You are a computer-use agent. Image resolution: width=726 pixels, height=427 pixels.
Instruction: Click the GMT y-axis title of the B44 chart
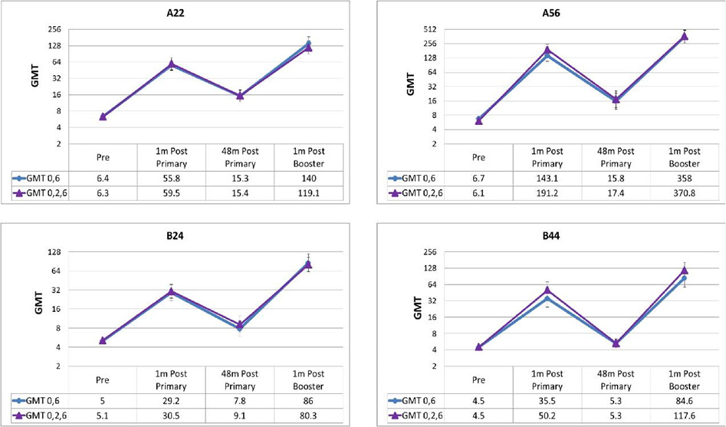(x=409, y=308)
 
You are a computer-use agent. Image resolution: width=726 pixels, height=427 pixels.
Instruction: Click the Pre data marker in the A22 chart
(x=103, y=117)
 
